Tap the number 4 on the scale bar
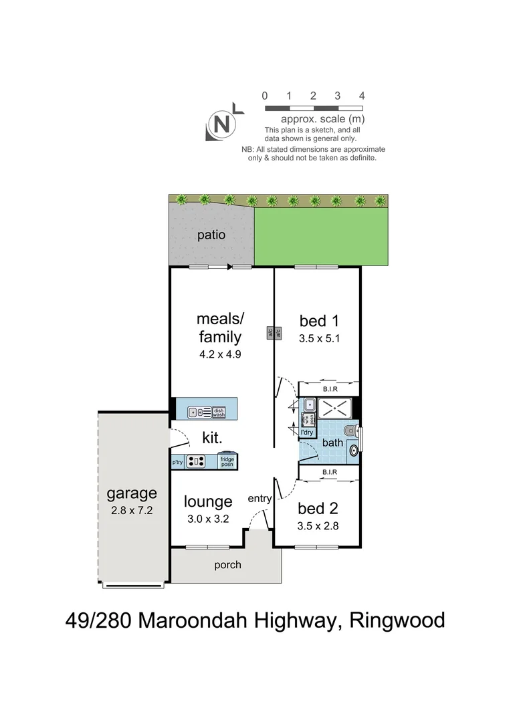click(361, 96)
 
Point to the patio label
click(211, 235)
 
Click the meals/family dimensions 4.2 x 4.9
click(219, 354)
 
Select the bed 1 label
click(319, 322)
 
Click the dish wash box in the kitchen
click(219, 412)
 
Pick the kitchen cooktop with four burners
click(196, 461)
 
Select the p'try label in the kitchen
click(177, 462)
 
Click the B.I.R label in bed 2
click(329, 472)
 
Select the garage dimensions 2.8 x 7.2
click(132, 511)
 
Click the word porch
click(227, 565)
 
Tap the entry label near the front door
click(260, 499)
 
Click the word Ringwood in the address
click(398, 620)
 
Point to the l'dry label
click(307, 433)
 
